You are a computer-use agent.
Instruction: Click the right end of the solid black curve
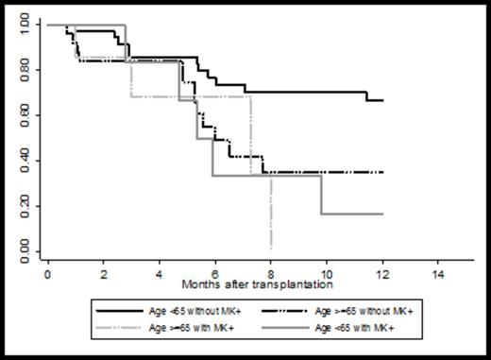click(x=382, y=100)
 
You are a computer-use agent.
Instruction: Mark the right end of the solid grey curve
click(x=382, y=214)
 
